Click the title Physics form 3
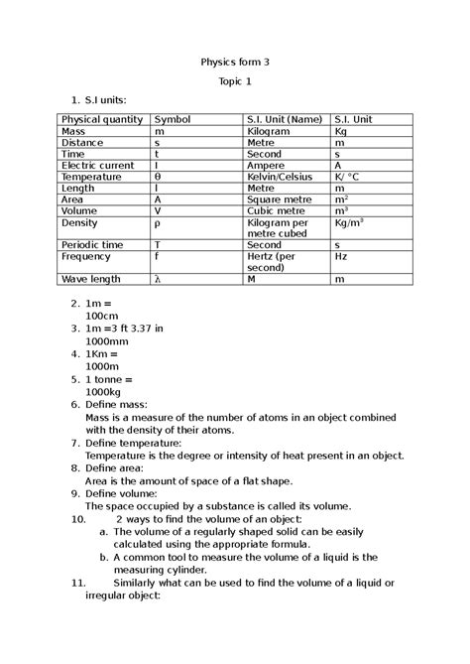click(x=235, y=62)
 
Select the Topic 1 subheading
click(x=235, y=80)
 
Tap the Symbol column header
click(x=172, y=119)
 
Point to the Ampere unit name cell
click(x=266, y=166)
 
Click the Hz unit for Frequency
click(x=341, y=256)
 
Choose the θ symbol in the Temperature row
click(x=157, y=177)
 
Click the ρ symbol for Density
click(x=157, y=223)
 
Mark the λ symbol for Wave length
click(x=157, y=280)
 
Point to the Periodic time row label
click(x=92, y=244)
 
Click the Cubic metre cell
click(x=275, y=210)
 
